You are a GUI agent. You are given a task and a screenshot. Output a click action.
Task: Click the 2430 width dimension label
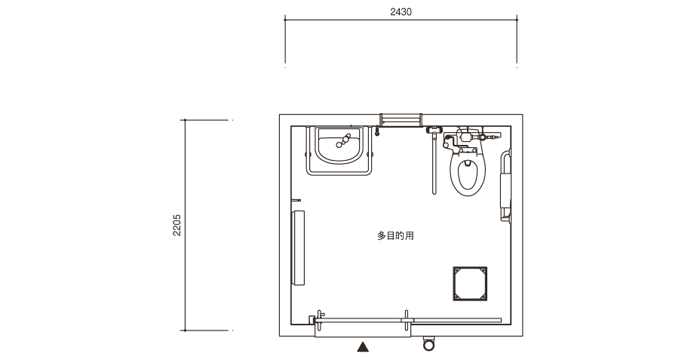[401, 12]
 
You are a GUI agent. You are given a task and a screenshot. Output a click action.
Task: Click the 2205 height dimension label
[177, 225]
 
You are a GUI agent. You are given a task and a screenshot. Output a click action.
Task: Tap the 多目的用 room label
[395, 235]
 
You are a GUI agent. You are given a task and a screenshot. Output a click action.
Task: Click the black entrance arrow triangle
[363, 347]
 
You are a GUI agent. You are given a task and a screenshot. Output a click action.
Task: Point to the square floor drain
[470, 284]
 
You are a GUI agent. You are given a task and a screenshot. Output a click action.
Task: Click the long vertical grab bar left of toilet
[435, 163]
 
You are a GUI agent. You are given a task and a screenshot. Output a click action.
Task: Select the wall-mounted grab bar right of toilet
[505, 185]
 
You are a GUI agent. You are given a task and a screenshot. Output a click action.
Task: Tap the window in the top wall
[401, 120]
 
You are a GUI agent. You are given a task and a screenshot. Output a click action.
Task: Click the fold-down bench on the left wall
[298, 248]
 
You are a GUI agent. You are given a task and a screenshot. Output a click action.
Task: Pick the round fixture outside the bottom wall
[429, 343]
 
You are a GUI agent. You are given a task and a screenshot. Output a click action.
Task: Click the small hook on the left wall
[296, 201]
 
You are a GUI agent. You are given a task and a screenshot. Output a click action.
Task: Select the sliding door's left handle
[318, 321]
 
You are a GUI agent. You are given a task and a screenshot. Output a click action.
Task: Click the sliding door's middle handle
[407, 320]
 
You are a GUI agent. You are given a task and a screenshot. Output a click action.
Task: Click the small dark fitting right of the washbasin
[377, 131]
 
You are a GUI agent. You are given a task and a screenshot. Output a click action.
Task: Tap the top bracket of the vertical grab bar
[435, 130]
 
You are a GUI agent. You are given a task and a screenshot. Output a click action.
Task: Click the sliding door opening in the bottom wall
[363, 331]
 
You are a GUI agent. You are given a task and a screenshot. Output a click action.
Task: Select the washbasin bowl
[339, 145]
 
